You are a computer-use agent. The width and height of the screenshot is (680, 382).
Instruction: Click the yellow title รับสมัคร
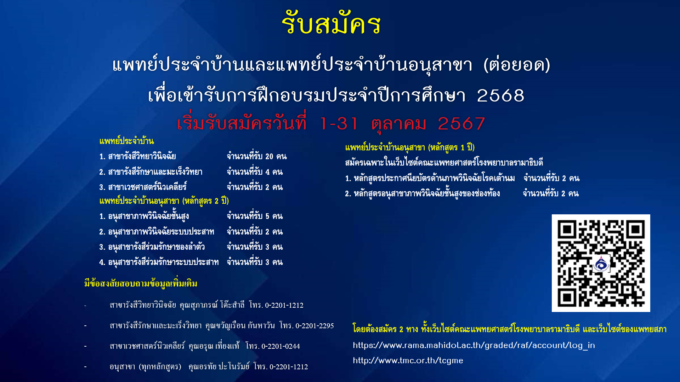click(331, 23)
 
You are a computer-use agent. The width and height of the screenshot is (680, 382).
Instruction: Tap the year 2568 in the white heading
click(500, 95)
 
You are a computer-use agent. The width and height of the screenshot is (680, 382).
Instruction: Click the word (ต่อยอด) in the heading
click(517, 65)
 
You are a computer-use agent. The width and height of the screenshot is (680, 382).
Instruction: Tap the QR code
click(601, 263)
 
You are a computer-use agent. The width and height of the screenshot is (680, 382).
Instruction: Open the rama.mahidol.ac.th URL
click(474, 345)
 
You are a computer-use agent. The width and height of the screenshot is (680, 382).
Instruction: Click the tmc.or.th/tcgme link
click(408, 360)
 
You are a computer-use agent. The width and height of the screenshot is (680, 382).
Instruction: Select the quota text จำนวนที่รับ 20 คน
click(257, 156)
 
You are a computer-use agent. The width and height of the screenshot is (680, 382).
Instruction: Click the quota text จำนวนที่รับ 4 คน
click(255, 172)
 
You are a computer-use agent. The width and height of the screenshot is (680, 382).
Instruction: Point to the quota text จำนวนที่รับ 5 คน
click(255, 216)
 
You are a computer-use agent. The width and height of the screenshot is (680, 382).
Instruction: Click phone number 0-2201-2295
click(314, 326)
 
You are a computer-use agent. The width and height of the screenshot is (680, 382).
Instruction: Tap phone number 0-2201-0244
click(280, 346)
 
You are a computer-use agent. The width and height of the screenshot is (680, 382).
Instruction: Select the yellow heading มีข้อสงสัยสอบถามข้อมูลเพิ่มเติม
click(141, 283)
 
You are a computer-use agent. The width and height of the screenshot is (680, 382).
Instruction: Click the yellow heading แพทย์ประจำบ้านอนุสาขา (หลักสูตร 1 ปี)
click(410, 147)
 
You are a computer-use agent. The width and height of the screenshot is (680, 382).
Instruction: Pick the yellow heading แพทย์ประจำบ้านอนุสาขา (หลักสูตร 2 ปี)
click(164, 201)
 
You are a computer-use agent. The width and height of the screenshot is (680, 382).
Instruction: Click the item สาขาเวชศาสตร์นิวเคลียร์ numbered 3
click(143, 187)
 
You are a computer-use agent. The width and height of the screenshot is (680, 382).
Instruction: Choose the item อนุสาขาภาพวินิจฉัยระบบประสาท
click(157, 232)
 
